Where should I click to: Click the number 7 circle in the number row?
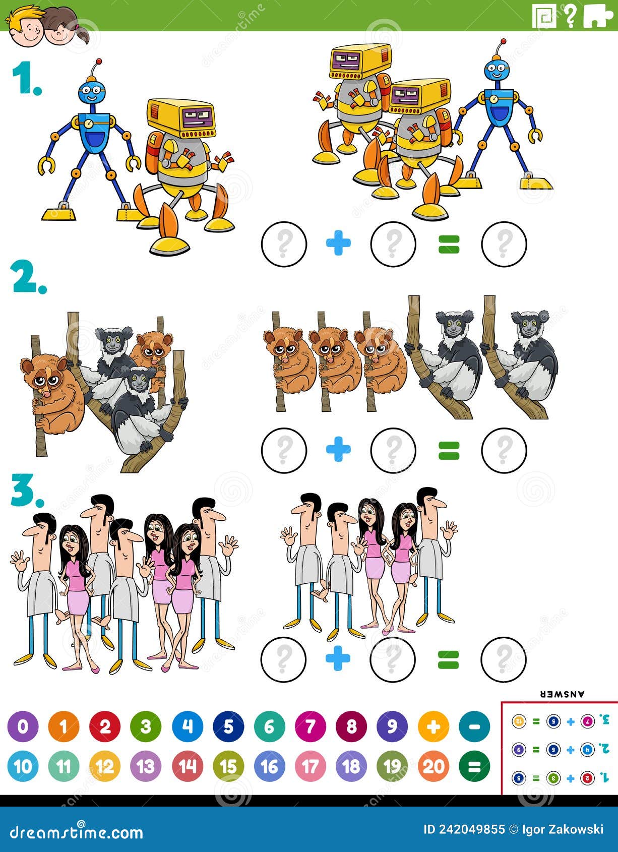(310, 726)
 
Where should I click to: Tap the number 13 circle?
(146, 767)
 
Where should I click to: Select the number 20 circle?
(434, 767)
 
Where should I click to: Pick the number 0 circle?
(23, 726)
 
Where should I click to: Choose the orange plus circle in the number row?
(434, 726)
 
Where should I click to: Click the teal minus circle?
(474, 726)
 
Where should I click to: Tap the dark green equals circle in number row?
(474, 767)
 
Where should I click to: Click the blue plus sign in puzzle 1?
(338, 244)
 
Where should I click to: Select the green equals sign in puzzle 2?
(449, 450)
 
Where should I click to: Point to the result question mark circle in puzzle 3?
(504, 659)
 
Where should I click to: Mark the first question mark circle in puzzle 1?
(284, 244)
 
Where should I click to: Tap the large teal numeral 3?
(27, 491)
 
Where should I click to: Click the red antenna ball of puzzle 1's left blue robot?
(98, 62)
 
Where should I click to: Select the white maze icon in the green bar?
(544, 17)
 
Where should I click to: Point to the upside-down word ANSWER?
(563, 694)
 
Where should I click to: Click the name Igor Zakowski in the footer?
(563, 830)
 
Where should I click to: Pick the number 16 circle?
(269, 767)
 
